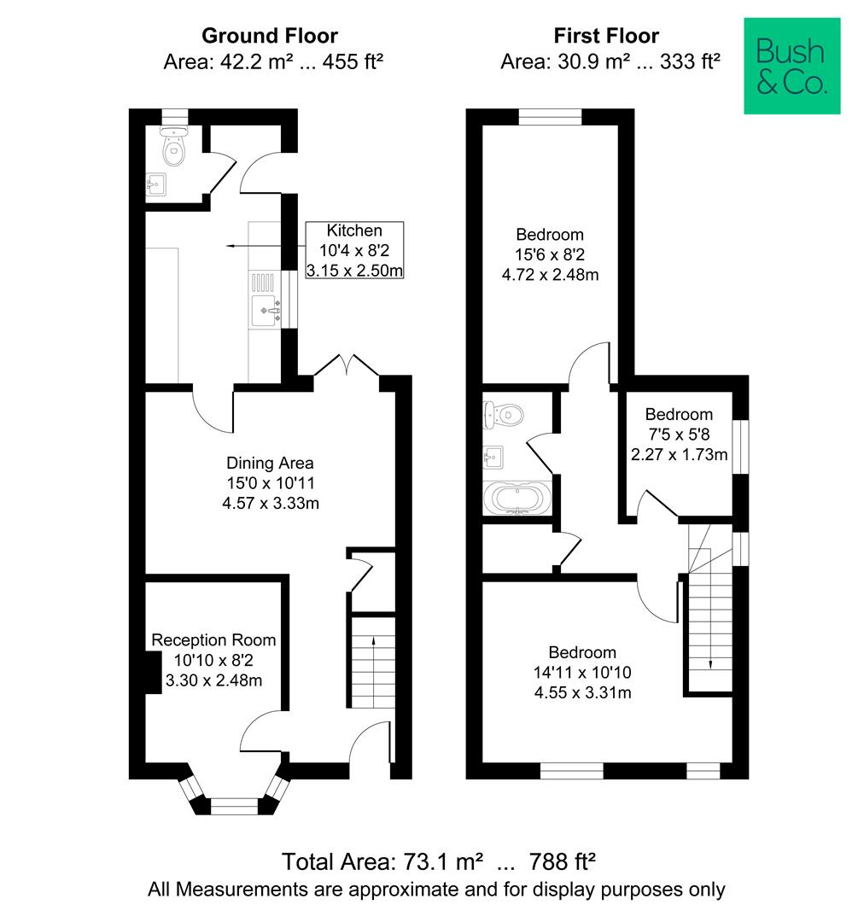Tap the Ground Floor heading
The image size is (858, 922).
click(x=269, y=36)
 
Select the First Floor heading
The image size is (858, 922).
click(x=606, y=36)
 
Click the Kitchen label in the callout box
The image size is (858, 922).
click(x=354, y=230)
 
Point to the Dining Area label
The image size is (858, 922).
click(x=270, y=464)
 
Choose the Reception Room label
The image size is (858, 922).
click(x=213, y=639)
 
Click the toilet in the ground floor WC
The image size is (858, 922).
click(x=174, y=149)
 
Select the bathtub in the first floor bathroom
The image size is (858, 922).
click(x=517, y=498)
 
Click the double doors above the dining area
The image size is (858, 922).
click(x=347, y=367)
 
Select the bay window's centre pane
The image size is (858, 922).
click(x=234, y=802)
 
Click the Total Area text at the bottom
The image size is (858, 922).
click(x=439, y=860)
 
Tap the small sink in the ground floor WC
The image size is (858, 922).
click(x=156, y=184)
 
